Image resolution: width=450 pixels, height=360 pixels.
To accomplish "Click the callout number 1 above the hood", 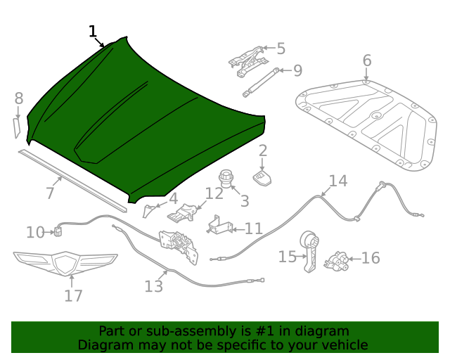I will click(93, 32).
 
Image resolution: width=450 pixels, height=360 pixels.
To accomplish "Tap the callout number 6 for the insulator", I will click(367, 60).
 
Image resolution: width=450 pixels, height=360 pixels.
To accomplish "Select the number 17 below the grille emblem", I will click(73, 295).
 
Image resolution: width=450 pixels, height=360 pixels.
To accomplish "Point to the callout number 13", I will click(153, 286).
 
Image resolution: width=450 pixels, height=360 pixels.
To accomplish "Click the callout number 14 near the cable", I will click(338, 181).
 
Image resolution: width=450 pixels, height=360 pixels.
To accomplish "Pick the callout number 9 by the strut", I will click(297, 70).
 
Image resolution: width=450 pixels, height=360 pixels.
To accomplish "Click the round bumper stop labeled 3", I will click(226, 177).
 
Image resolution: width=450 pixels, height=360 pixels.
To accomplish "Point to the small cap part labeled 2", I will click(262, 176).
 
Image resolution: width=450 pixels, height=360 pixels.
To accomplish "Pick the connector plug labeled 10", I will click(58, 230).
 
